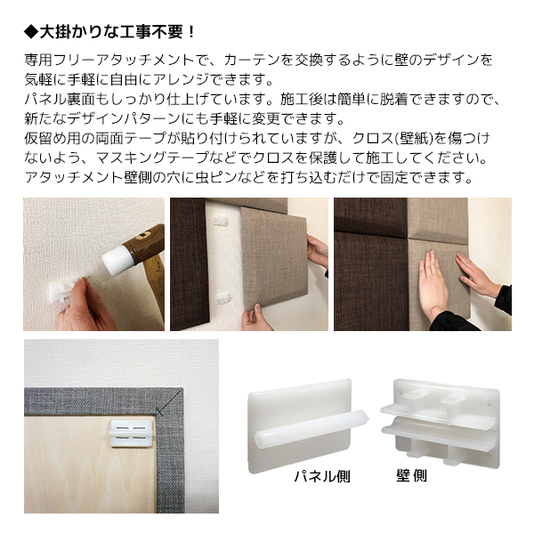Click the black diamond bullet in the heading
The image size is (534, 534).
[x=31, y=32]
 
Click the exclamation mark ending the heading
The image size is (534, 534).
[x=191, y=32]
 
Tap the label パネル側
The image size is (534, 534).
[x=322, y=476]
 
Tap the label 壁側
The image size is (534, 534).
[x=411, y=476]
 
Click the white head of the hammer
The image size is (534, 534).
[x=117, y=261]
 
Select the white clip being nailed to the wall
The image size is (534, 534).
[x=62, y=290]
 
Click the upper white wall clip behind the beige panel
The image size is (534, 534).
[x=221, y=222]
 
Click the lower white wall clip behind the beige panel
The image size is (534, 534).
[x=223, y=298]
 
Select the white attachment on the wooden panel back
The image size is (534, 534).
[x=131, y=433]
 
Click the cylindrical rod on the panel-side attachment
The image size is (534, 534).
[x=311, y=428]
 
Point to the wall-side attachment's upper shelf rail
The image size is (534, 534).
[x=437, y=414]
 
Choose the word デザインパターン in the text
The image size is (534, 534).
[x=124, y=118]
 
